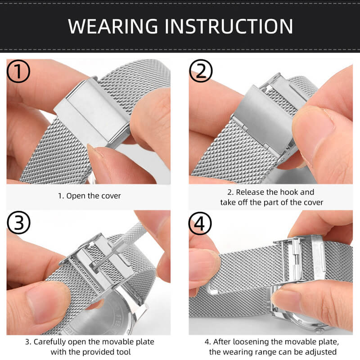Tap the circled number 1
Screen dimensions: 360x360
(x=19, y=72)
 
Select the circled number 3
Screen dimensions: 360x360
(x=19, y=223)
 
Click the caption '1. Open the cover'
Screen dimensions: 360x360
(x=89, y=196)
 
